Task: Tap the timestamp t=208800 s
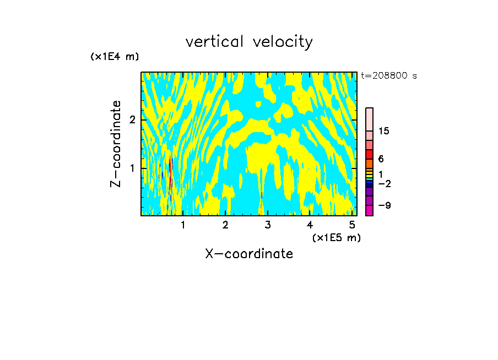pyautogui.click(x=389, y=76)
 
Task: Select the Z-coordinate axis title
pyautogui.click(x=116, y=144)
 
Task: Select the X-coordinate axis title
pyautogui.click(x=249, y=254)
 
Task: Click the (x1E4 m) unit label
pyautogui.click(x=115, y=57)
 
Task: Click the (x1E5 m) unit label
pyautogui.click(x=336, y=237)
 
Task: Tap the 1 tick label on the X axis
pyautogui.click(x=183, y=225)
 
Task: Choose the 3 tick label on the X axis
pyautogui.click(x=268, y=225)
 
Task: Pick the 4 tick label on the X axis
pyautogui.click(x=310, y=225)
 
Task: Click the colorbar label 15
pyautogui.click(x=384, y=131)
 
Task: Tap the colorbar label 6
pyautogui.click(x=381, y=159)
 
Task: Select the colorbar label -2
pyautogui.click(x=384, y=183)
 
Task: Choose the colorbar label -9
pyautogui.click(x=384, y=205)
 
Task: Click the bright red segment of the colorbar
pyautogui.click(x=369, y=154)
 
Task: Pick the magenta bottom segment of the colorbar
pyautogui.click(x=369, y=210)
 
